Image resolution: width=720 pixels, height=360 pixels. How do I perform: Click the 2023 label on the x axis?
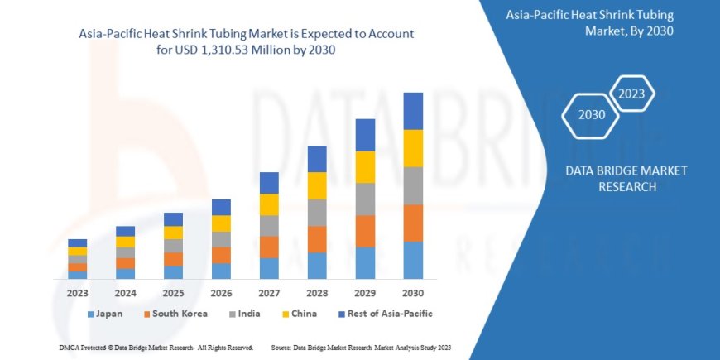(77, 293)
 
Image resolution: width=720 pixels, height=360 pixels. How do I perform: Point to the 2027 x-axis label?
(269, 293)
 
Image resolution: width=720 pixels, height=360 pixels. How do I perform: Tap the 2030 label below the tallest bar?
(413, 293)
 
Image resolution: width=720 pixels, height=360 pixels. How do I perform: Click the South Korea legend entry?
(173, 314)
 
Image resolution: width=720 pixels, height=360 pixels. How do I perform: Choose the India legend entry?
(247, 314)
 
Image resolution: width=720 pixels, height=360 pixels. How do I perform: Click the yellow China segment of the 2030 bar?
(413, 148)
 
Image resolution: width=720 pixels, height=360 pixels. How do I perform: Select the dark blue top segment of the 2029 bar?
(365, 135)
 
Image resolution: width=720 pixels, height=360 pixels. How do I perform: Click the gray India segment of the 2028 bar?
(317, 213)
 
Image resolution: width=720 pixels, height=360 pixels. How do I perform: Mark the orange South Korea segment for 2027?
(269, 247)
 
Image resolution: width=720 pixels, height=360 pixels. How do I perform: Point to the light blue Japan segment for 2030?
(413, 260)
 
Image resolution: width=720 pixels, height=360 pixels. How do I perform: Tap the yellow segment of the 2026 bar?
(221, 223)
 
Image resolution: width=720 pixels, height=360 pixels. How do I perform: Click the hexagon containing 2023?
(632, 93)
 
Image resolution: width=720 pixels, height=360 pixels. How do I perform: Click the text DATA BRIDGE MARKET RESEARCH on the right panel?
(626, 178)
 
